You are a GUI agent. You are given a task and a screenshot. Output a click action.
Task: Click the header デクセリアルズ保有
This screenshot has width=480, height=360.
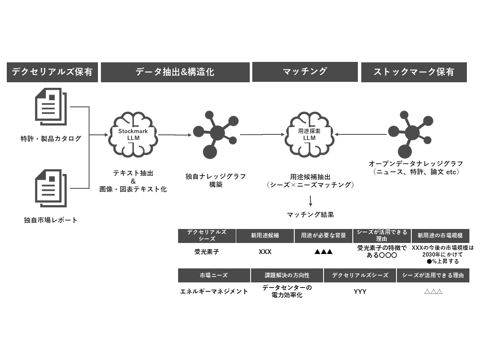52,72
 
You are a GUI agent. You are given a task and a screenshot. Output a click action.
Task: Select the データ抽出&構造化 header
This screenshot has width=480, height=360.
175,72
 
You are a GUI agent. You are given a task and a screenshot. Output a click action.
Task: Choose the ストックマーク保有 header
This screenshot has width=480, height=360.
413,72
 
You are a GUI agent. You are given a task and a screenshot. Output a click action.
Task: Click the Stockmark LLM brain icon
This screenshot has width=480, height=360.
133,135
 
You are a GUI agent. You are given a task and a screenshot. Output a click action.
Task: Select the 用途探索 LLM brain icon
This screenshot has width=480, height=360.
310,134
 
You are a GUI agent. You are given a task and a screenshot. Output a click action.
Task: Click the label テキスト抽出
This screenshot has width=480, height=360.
133,173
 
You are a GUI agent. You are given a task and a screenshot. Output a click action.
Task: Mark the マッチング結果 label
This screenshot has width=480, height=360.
310,215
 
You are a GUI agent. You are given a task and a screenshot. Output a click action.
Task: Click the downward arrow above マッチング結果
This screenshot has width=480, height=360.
310,201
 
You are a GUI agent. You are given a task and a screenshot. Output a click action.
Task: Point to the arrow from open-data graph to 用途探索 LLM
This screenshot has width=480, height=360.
360,135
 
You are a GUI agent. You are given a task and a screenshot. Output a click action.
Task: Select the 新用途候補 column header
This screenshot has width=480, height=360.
265,236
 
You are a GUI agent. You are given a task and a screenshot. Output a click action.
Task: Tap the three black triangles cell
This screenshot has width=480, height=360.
323,252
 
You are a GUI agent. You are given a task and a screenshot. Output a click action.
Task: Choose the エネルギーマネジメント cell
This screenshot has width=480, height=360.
214,292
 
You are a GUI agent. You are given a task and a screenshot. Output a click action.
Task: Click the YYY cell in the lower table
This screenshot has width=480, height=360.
360,292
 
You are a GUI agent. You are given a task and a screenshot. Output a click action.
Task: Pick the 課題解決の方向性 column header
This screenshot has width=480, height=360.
287,276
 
